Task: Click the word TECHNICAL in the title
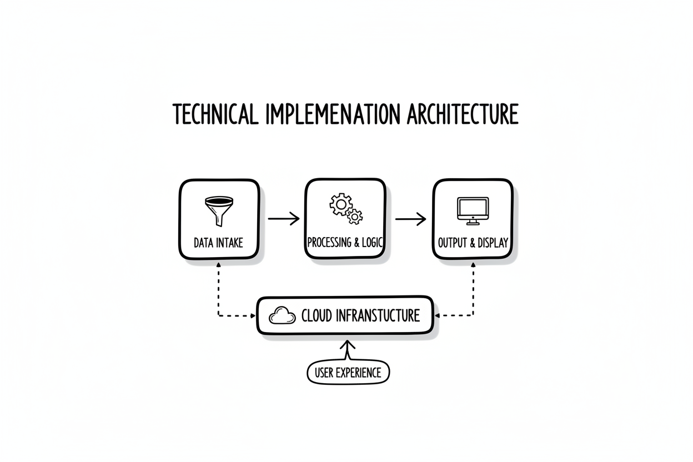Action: (215, 114)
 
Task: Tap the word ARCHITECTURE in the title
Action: (463, 114)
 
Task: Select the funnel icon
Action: (219, 212)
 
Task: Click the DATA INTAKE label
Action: (218, 243)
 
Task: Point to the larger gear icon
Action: (340, 204)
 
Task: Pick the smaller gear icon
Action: (354, 217)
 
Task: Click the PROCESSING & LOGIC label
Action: (345, 242)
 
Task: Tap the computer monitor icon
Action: (473, 211)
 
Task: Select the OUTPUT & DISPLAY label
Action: (473, 243)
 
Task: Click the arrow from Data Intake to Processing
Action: (284, 219)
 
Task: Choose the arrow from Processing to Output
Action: (410, 219)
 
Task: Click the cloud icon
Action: (282, 315)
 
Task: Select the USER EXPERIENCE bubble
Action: (348, 373)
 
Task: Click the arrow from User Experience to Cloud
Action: (348, 350)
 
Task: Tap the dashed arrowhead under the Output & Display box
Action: (473, 265)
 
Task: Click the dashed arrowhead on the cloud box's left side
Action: (253, 316)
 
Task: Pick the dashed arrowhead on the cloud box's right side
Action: (437, 315)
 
